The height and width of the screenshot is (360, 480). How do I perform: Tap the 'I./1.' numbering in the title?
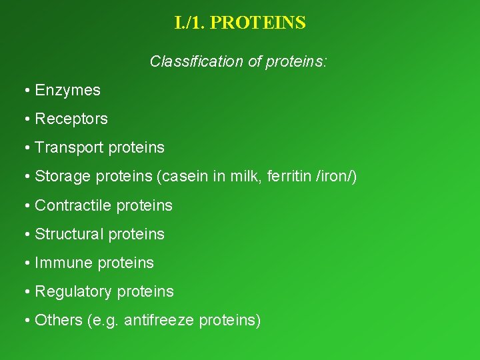(191, 23)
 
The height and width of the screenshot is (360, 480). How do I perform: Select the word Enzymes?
(67, 90)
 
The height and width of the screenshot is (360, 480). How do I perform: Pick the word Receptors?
(71, 119)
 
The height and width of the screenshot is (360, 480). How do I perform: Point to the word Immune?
(63, 263)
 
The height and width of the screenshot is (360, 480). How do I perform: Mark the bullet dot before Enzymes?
(26, 91)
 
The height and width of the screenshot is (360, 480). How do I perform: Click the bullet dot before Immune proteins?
(26, 263)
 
